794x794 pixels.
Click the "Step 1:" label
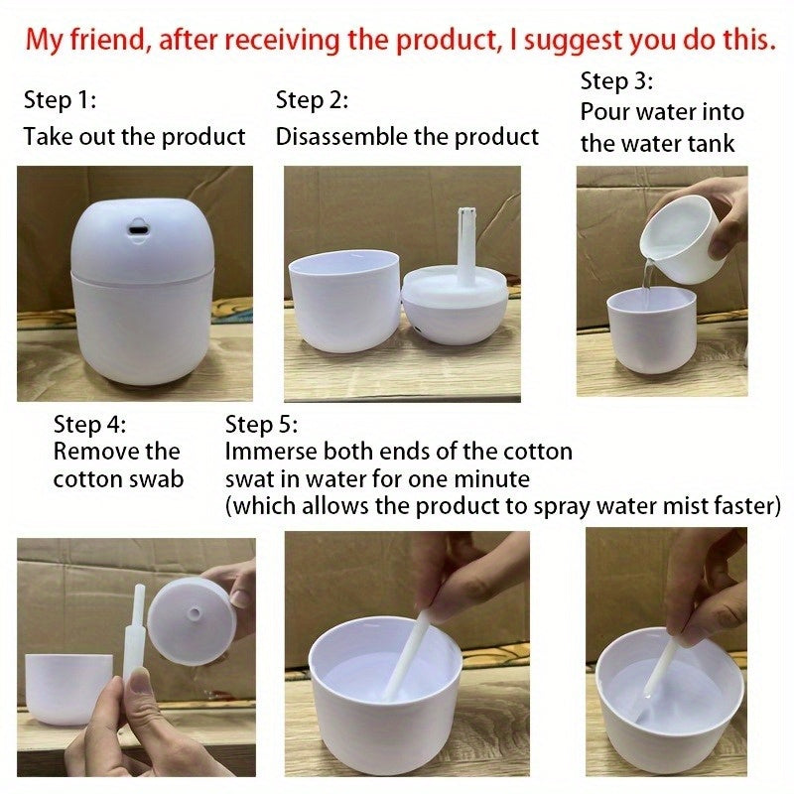point(60,100)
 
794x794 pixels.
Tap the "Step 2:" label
point(313,100)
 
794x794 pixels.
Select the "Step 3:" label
point(616,80)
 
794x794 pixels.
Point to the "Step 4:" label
point(90,425)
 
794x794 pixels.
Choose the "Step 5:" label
point(261,425)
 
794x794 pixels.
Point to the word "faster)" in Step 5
point(743,506)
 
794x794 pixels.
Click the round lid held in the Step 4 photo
point(191,620)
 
